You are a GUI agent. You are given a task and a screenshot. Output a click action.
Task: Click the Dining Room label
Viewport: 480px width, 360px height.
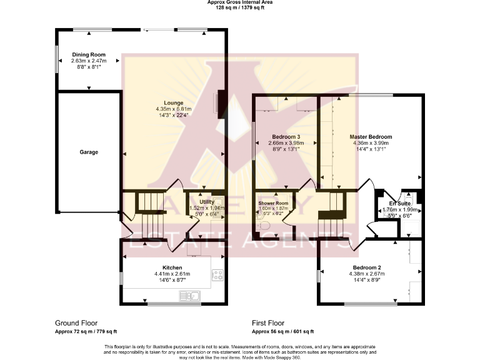pyautogui.click(x=88, y=54)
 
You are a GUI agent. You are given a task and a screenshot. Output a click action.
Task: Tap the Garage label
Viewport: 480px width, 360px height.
pyautogui.click(x=88, y=152)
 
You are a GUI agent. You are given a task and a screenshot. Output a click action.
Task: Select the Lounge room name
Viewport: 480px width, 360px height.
pyautogui.click(x=173, y=102)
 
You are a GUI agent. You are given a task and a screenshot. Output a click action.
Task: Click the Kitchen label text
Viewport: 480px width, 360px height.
pyautogui.click(x=173, y=267)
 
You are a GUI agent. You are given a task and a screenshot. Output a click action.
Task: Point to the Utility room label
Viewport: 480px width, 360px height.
pyautogui.click(x=206, y=202)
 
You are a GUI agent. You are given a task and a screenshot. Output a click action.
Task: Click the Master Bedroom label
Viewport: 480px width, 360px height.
pyautogui.click(x=371, y=136)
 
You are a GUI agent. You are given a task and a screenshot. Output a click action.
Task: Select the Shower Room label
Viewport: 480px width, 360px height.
pyautogui.click(x=273, y=203)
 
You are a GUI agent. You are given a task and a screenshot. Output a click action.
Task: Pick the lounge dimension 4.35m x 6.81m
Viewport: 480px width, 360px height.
pyautogui.click(x=173, y=109)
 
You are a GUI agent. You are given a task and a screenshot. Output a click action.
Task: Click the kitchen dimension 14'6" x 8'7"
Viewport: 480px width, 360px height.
pyautogui.click(x=173, y=280)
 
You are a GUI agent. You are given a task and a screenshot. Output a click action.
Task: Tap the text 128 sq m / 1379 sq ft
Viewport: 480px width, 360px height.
pyautogui.click(x=240, y=8)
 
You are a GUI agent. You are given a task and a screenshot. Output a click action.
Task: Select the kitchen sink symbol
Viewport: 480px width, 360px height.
pyautogui.click(x=194, y=296)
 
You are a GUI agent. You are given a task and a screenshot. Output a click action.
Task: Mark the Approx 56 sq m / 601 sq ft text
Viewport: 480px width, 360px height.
pyautogui.click(x=282, y=332)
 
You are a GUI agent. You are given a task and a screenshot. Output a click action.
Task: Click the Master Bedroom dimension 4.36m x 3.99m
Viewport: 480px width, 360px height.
pyautogui.click(x=371, y=142)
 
